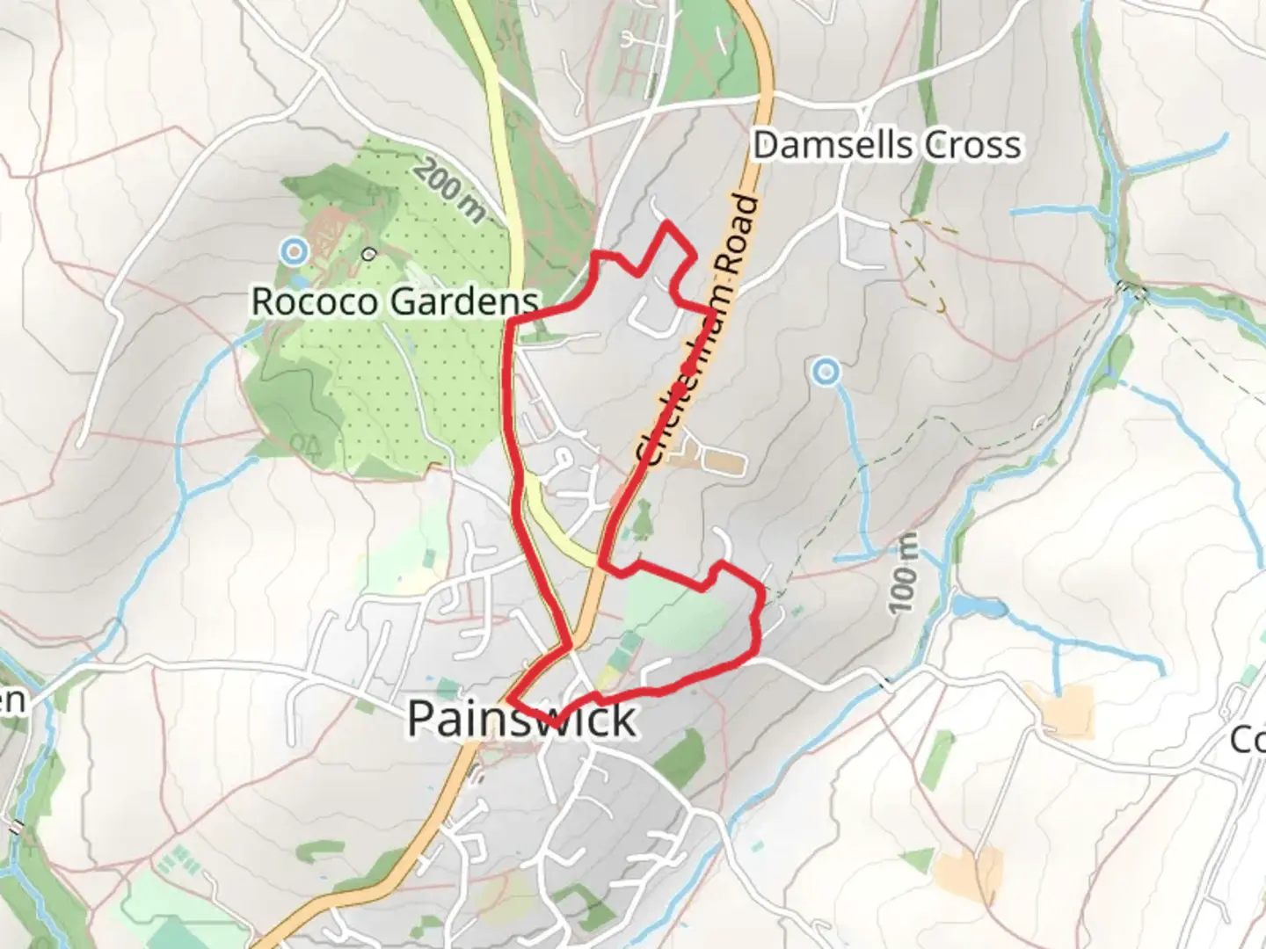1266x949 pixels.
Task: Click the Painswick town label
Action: tap(521, 719)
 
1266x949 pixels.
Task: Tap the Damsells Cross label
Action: tap(887, 145)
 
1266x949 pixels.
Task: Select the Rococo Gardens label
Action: tap(395, 301)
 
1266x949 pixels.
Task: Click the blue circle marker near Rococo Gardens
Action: tap(294, 253)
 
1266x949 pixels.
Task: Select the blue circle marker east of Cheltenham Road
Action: tap(825, 373)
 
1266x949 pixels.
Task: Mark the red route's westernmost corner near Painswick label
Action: tap(509, 700)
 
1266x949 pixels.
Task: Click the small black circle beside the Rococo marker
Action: tap(368, 254)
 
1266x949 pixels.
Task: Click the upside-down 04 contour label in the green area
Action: tap(304, 443)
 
